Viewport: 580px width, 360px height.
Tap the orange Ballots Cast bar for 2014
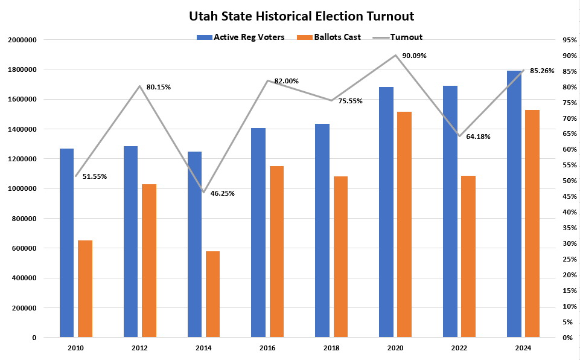coord(212,294)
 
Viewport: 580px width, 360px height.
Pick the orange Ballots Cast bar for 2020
coord(404,224)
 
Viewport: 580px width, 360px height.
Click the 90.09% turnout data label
coord(414,56)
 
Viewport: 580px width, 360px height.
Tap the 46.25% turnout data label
coord(223,193)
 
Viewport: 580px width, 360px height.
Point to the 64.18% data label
coord(478,137)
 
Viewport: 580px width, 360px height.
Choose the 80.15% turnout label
coord(159,87)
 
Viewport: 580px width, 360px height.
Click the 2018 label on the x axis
coord(331,348)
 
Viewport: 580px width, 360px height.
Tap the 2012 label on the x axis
coord(140,348)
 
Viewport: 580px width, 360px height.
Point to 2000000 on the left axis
coord(23,40)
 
